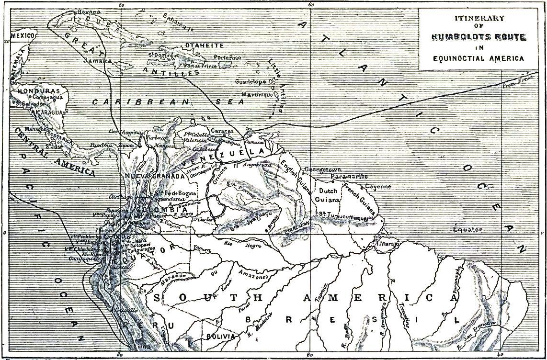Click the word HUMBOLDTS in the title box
click(x=455, y=37)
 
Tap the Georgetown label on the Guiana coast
click(x=322, y=170)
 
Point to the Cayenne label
click(x=378, y=186)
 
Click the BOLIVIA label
click(x=220, y=337)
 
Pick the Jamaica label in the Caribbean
click(x=97, y=61)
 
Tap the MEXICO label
click(x=23, y=36)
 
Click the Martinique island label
click(x=257, y=94)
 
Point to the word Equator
click(x=468, y=229)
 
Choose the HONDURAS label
click(x=38, y=91)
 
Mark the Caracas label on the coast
click(x=222, y=131)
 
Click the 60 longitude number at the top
click(x=311, y=4)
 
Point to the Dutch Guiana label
click(x=329, y=195)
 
